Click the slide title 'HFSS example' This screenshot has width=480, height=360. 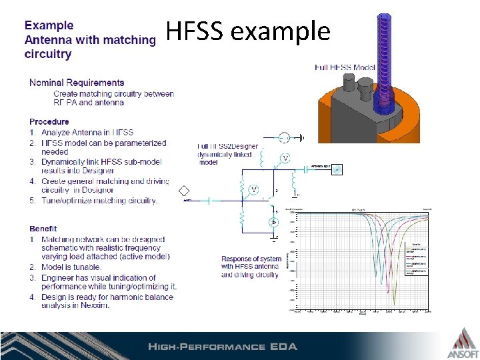tap(248, 31)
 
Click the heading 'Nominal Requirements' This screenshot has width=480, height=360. tap(77, 83)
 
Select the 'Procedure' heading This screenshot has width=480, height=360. tap(49, 121)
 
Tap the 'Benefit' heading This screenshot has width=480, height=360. tap(43, 229)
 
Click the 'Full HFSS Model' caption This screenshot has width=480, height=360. tap(344, 67)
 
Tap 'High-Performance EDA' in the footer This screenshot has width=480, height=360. tap(222, 347)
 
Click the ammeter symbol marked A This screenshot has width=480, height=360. tap(273, 221)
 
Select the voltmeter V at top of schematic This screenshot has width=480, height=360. tap(285, 158)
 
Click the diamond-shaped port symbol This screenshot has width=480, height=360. tap(185, 191)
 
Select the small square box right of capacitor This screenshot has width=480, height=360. tap(337, 169)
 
